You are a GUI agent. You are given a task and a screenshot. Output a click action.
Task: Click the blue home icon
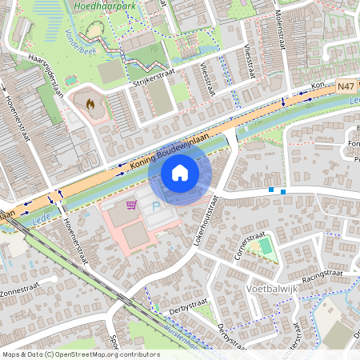pos(179,173)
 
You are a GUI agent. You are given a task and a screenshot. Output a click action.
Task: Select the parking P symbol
pos(156,206)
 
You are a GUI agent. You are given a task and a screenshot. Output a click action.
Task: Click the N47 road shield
pos(346,84)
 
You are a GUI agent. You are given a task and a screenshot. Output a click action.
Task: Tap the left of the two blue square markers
pos(272,190)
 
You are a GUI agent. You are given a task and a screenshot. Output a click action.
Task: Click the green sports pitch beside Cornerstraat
pos(265,246)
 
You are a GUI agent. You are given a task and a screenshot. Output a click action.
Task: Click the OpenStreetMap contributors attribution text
pos(80,354)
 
